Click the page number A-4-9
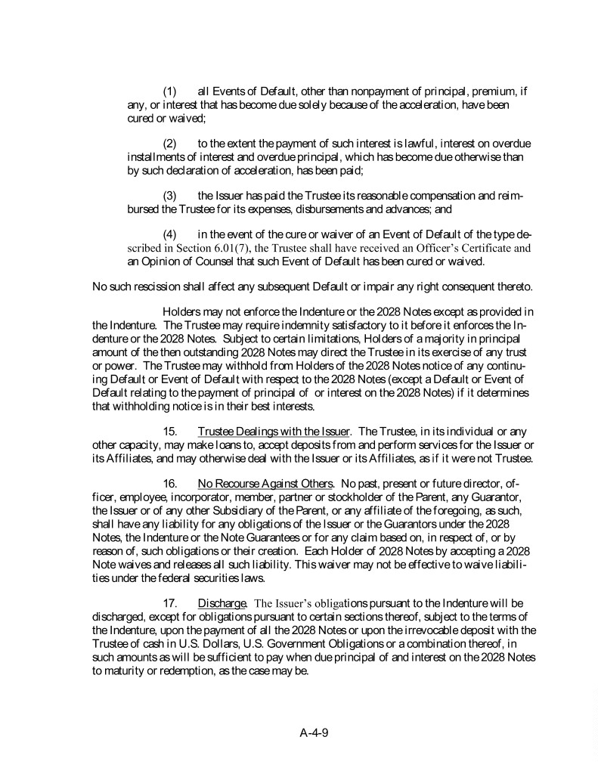[318, 732]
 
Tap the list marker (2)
[170, 144]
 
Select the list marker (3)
[170, 196]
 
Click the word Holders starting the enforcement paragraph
[183, 312]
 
